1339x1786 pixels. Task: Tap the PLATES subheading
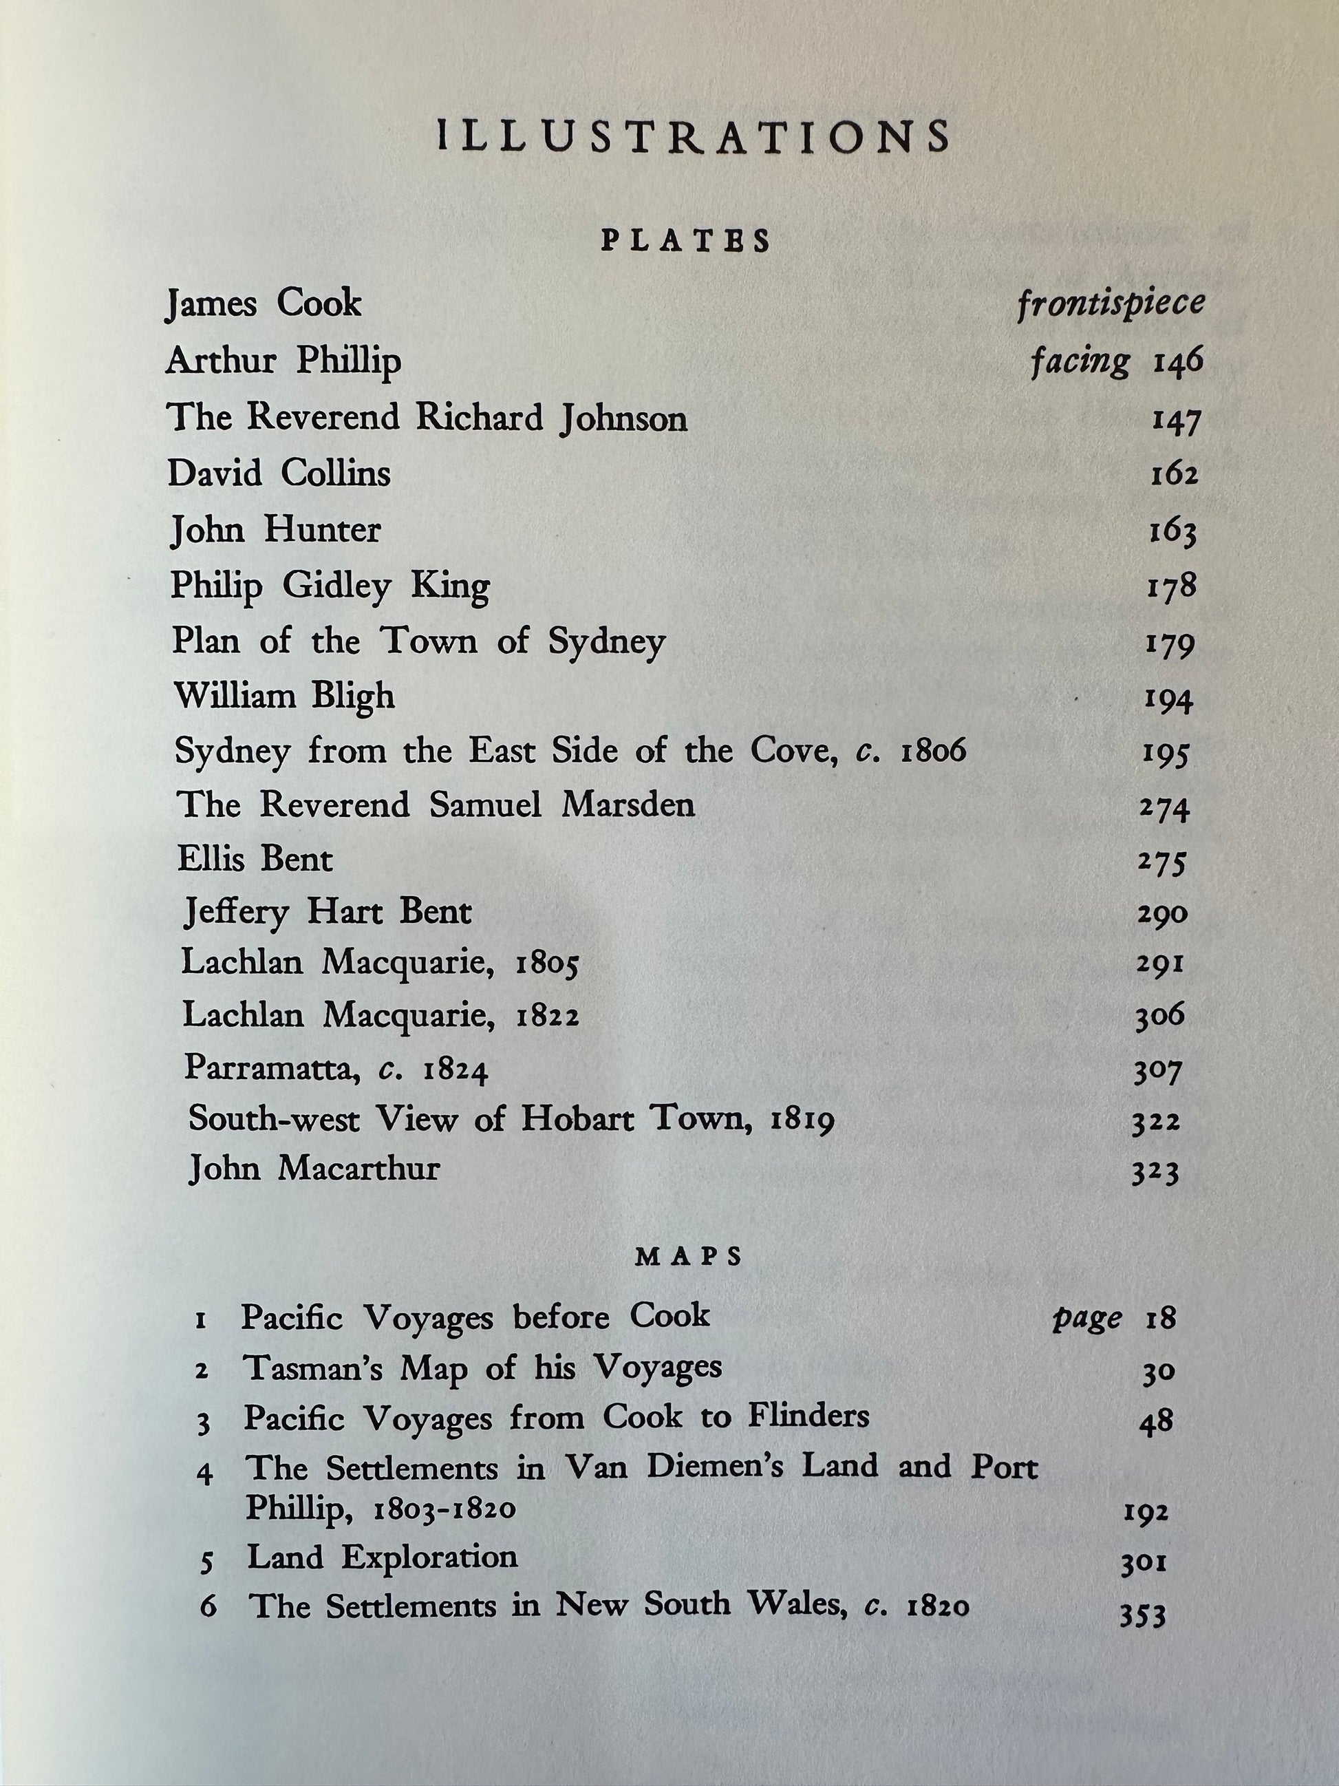(685, 242)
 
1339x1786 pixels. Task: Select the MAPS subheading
(689, 1257)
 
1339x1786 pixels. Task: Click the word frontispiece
(1111, 304)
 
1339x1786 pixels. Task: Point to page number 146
(1177, 361)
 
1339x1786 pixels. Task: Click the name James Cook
(264, 304)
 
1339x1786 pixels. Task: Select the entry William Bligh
(285, 697)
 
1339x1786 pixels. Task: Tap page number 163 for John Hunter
(1172, 532)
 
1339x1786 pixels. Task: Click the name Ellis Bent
(255, 859)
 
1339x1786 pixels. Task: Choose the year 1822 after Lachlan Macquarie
(547, 1017)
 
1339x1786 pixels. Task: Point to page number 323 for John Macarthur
(1155, 1172)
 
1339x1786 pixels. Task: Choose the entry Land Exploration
(383, 1557)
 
